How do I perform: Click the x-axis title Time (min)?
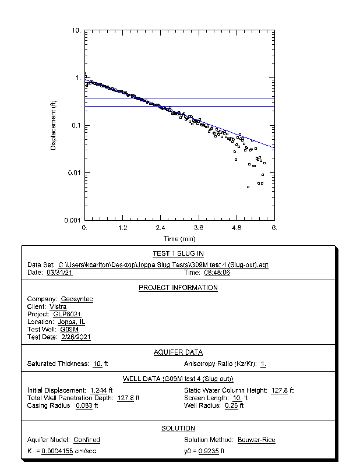click(x=179, y=239)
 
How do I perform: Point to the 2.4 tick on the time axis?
click(x=160, y=228)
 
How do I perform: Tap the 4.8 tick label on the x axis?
click(x=236, y=228)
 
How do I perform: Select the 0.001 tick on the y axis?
click(x=74, y=220)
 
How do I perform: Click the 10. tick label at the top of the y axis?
click(x=76, y=30)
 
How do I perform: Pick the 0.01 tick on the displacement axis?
click(x=76, y=173)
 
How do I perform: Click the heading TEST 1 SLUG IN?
click(x=178, y=254)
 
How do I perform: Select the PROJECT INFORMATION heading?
click(x=178, y=288)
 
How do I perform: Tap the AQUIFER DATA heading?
click(x=178, y=352)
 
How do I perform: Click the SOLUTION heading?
click(x=178, y=429)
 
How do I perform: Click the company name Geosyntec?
click(x=77, y=299)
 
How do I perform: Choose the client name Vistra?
click(x=58, y=307)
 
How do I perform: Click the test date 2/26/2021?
click(x=76, y=337)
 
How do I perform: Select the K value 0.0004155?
click(x=57, y=451)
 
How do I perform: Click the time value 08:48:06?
click(x=217, y=273)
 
